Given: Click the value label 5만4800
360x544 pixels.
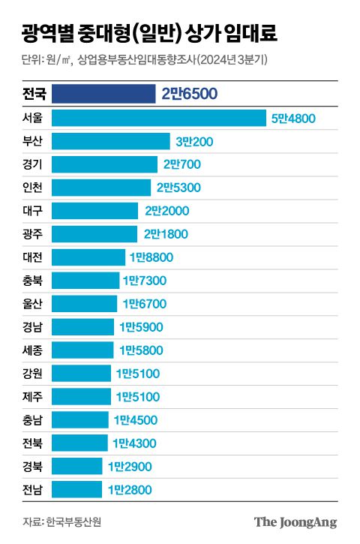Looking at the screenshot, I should point(293,118).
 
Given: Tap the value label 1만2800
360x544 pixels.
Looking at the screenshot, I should point(130,490).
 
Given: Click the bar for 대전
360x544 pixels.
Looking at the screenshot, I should point(89,257).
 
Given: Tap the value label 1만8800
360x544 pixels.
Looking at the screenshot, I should point(151,257).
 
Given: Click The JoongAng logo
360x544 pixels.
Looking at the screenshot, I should point(295,522).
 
